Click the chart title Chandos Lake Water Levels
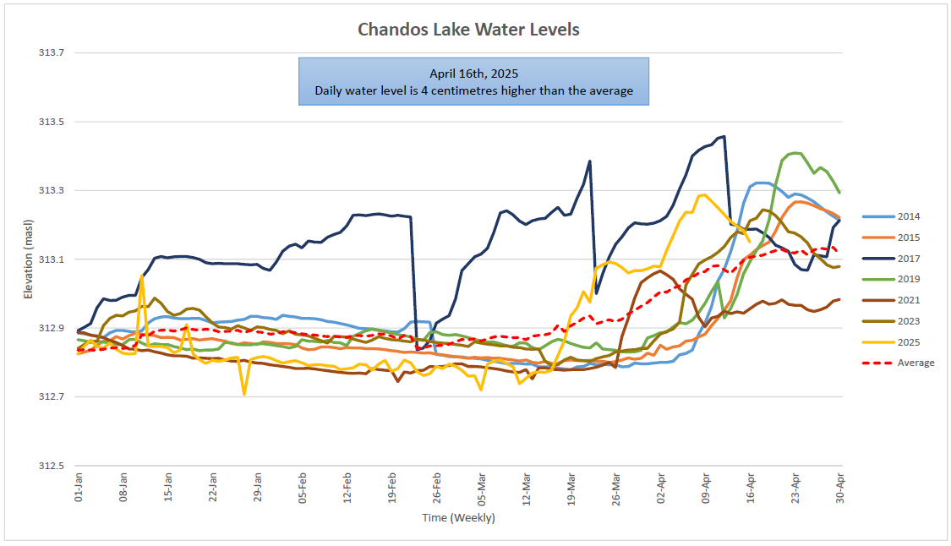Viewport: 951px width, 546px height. (x=468, y=30)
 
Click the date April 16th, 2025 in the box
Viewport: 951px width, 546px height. (x=473, y=73)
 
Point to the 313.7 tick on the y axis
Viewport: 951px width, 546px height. (x=52, y=53)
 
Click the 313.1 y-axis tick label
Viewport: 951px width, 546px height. (x=52, y=259)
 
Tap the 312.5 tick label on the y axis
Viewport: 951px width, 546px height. (x=52, y=466)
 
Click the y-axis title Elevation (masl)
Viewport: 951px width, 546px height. (x=28, y=259)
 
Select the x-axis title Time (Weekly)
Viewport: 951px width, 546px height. (x=458, y=517)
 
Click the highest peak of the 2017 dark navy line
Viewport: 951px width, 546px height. (x=724, y=136)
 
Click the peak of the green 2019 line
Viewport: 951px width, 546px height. (x=795, y=153)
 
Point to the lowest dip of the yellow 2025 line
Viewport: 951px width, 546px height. (x=244, y=394)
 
